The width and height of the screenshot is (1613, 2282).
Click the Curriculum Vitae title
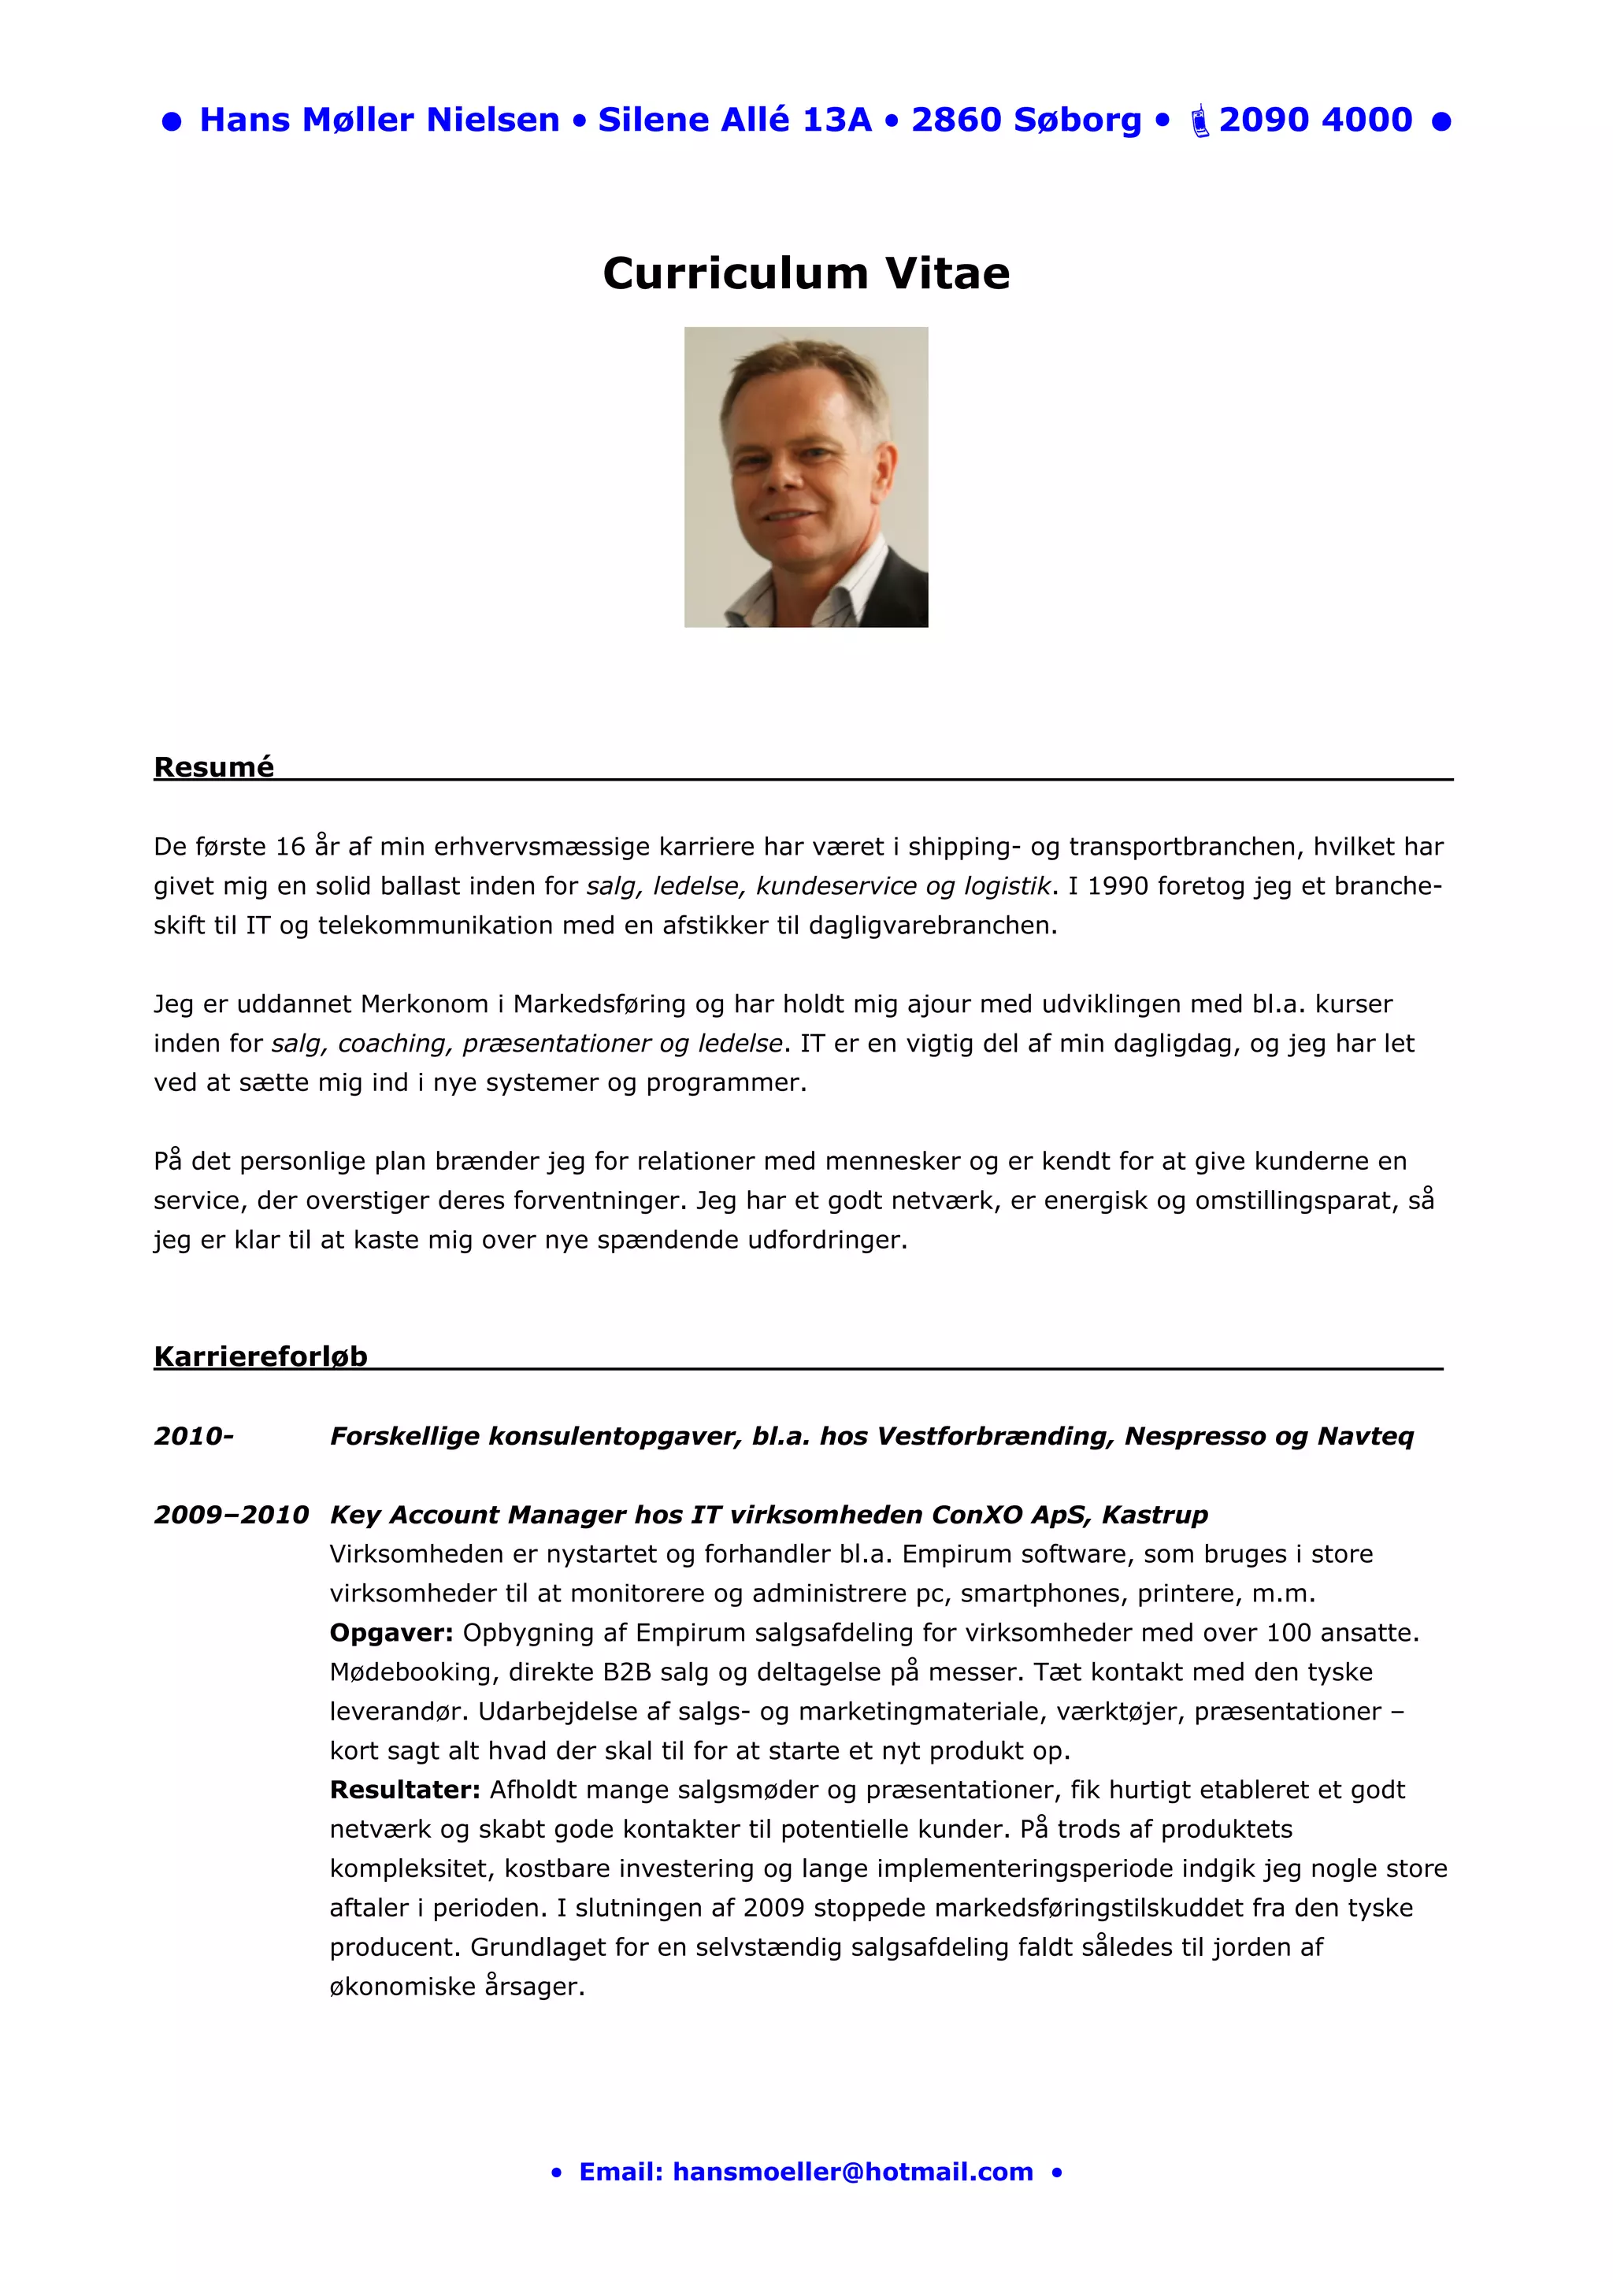(x=806, y=273)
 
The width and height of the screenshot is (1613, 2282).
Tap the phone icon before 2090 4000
(x=1200, y=121)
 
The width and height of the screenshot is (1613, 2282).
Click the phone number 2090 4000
(x=1315, y=121)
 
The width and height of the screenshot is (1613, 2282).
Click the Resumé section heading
(x=213, y=767)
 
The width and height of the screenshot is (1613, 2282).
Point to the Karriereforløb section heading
(x=261, y=1356)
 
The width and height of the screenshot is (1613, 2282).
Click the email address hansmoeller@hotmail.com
(x=853, y=2172)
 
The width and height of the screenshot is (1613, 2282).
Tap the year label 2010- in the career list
(x=194, y=1436)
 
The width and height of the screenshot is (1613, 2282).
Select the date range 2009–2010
(x=232, y=1515)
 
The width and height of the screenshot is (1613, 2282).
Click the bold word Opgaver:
(x=391, y=1633)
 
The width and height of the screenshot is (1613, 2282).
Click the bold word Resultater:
(x=405, y=1790)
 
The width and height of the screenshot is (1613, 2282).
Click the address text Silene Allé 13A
(x=735, y=121)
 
